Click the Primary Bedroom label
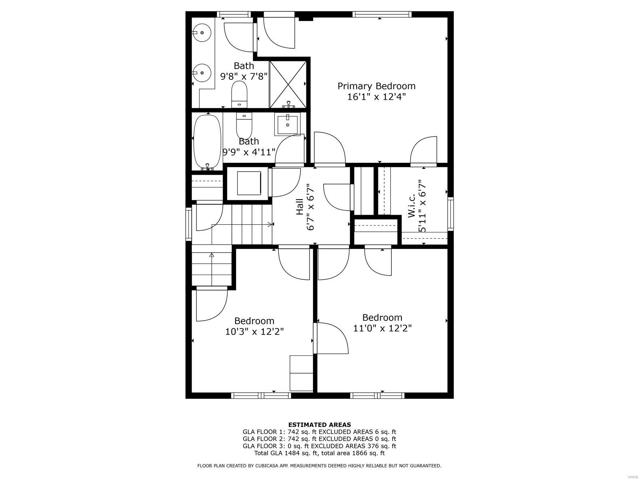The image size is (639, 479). tap(376, 86)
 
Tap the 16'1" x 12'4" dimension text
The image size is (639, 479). tap(376, 97)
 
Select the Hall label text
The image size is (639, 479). tap(300, 207)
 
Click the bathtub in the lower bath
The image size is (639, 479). tap(207, 142)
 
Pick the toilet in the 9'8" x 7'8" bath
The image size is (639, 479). tap(239, 93)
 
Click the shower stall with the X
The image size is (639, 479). tap(288, 84)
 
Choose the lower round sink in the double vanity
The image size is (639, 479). tap(202, 73)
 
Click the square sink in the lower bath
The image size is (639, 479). tap(287, 125)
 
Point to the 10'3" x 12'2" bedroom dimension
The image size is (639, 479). tap(254, 331)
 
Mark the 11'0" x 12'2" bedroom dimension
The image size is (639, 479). tap(382, 328)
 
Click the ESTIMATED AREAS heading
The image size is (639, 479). tap(319, 425)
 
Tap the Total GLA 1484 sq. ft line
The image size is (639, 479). tap(319, 453)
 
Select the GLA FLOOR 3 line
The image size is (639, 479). tap(319, 446)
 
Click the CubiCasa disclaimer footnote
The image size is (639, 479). tap(319, 466)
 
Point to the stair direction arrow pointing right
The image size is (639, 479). tap(271, 225)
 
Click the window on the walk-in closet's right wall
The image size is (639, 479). tap(450, 214)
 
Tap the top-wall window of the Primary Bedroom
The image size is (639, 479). tap(381, 15)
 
